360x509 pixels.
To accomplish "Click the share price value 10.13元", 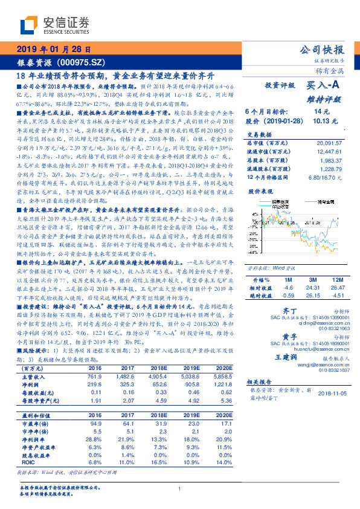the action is (x=321, y=121).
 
